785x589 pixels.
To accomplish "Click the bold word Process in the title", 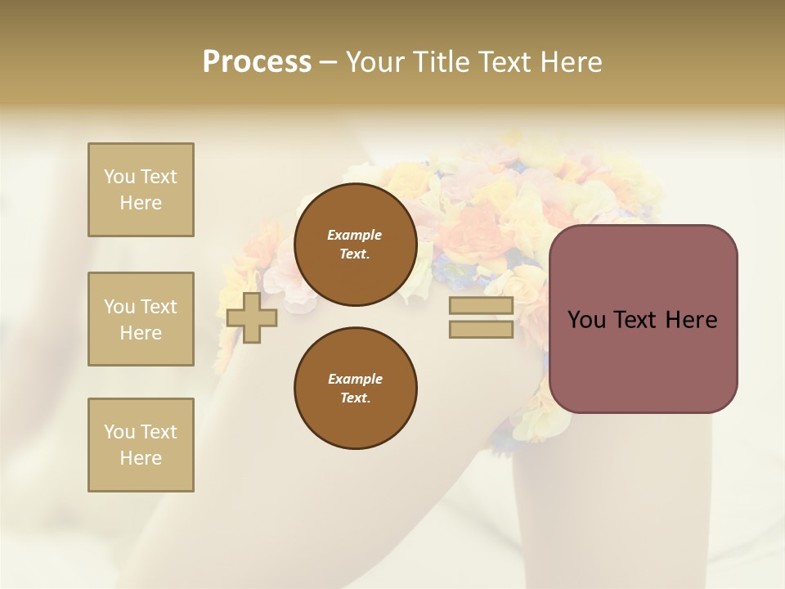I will pyautogui.click(x=257, y=62).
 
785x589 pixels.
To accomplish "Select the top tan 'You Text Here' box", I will pyautogui.click(x=141, y=190).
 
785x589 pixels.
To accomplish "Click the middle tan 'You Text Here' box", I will pyautogui.click(x=141, y=319).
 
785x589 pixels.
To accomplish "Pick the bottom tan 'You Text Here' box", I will pyautogui.click(x=141, y=445).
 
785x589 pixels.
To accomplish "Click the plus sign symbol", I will pyautogui.click(x=252, y=317).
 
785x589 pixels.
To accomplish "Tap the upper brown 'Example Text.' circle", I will pyautogui.click(x=355, y=245).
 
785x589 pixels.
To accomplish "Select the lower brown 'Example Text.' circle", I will pyautogui.click(x=355, y=389).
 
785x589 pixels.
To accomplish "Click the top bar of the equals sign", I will pyautogui.click(x=481, y=306).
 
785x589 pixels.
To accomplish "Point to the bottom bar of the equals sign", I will pyautogui.click(x=481, y=330).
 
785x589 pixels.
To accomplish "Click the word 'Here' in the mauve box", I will pyautogui.click(x=691, y=320).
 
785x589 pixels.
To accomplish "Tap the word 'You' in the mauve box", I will pyautogui.click(x=586, y=320).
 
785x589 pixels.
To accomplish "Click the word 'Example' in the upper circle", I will pyautogui.click(x=355, y=235).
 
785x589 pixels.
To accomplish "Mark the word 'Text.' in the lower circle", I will pyautogui.click(x=355, y=398).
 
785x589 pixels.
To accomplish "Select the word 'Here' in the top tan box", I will pyautogui.click(x=141, y=203).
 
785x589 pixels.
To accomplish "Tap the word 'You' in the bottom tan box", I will pyautogui.click(x=119, y=432).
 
